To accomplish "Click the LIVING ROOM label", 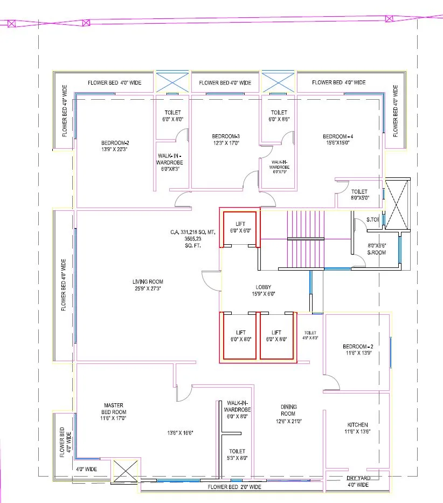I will [148, 281].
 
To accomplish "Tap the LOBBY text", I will [264, 287].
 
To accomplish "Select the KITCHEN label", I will [357, 425].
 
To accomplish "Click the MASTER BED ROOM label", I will [114, 409].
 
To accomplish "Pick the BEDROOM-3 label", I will [225, 136].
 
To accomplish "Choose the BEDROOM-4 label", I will [337, 136].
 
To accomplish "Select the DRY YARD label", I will [358, 478].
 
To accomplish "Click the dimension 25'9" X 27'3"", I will [148, 288].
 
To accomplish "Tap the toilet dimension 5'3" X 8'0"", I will [237, 458].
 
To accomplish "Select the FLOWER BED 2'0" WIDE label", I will [235, 487].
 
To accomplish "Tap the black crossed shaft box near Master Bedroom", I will [126, 470].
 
